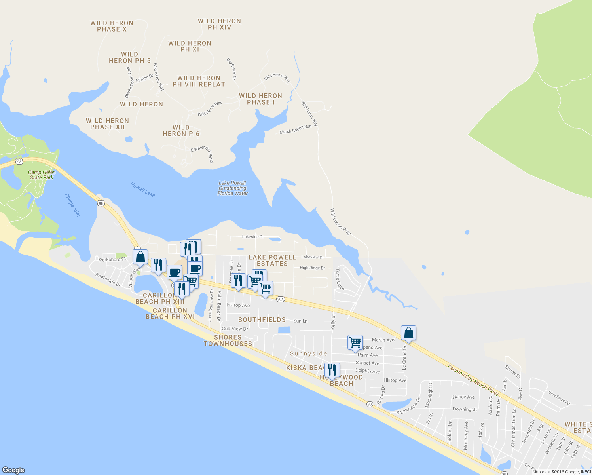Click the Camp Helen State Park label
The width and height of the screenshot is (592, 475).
pos(42,175)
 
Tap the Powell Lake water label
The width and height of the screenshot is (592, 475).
pos(143,190)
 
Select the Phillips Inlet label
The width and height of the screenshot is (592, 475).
pos(72,205)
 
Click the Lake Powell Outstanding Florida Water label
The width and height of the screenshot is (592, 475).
pos(233,188)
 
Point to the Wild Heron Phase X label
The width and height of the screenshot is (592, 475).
pos(112,26)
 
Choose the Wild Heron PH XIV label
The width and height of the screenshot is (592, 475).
pos(219,24)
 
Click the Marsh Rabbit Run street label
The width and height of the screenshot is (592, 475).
pos(295,129)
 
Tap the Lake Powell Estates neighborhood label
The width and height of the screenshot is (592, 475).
pos(272,260)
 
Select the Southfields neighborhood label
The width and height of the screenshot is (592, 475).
pos(262,320)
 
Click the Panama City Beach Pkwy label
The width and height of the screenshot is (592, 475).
pos(473,380)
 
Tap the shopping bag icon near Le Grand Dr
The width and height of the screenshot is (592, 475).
pos(408,333)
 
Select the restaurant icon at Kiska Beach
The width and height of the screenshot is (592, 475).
pos(332,370)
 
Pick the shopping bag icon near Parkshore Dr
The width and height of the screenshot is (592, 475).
pos(140,257)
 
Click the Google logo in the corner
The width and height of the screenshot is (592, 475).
pos(13,470)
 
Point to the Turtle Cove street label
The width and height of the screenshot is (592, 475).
pos(340,279)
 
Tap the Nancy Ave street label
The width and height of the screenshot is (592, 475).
pos(464,397)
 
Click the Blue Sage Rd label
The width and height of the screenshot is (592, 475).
pos(559,398)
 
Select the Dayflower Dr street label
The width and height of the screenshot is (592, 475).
pos(231,69)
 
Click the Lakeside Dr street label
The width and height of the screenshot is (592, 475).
pos(253,237)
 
